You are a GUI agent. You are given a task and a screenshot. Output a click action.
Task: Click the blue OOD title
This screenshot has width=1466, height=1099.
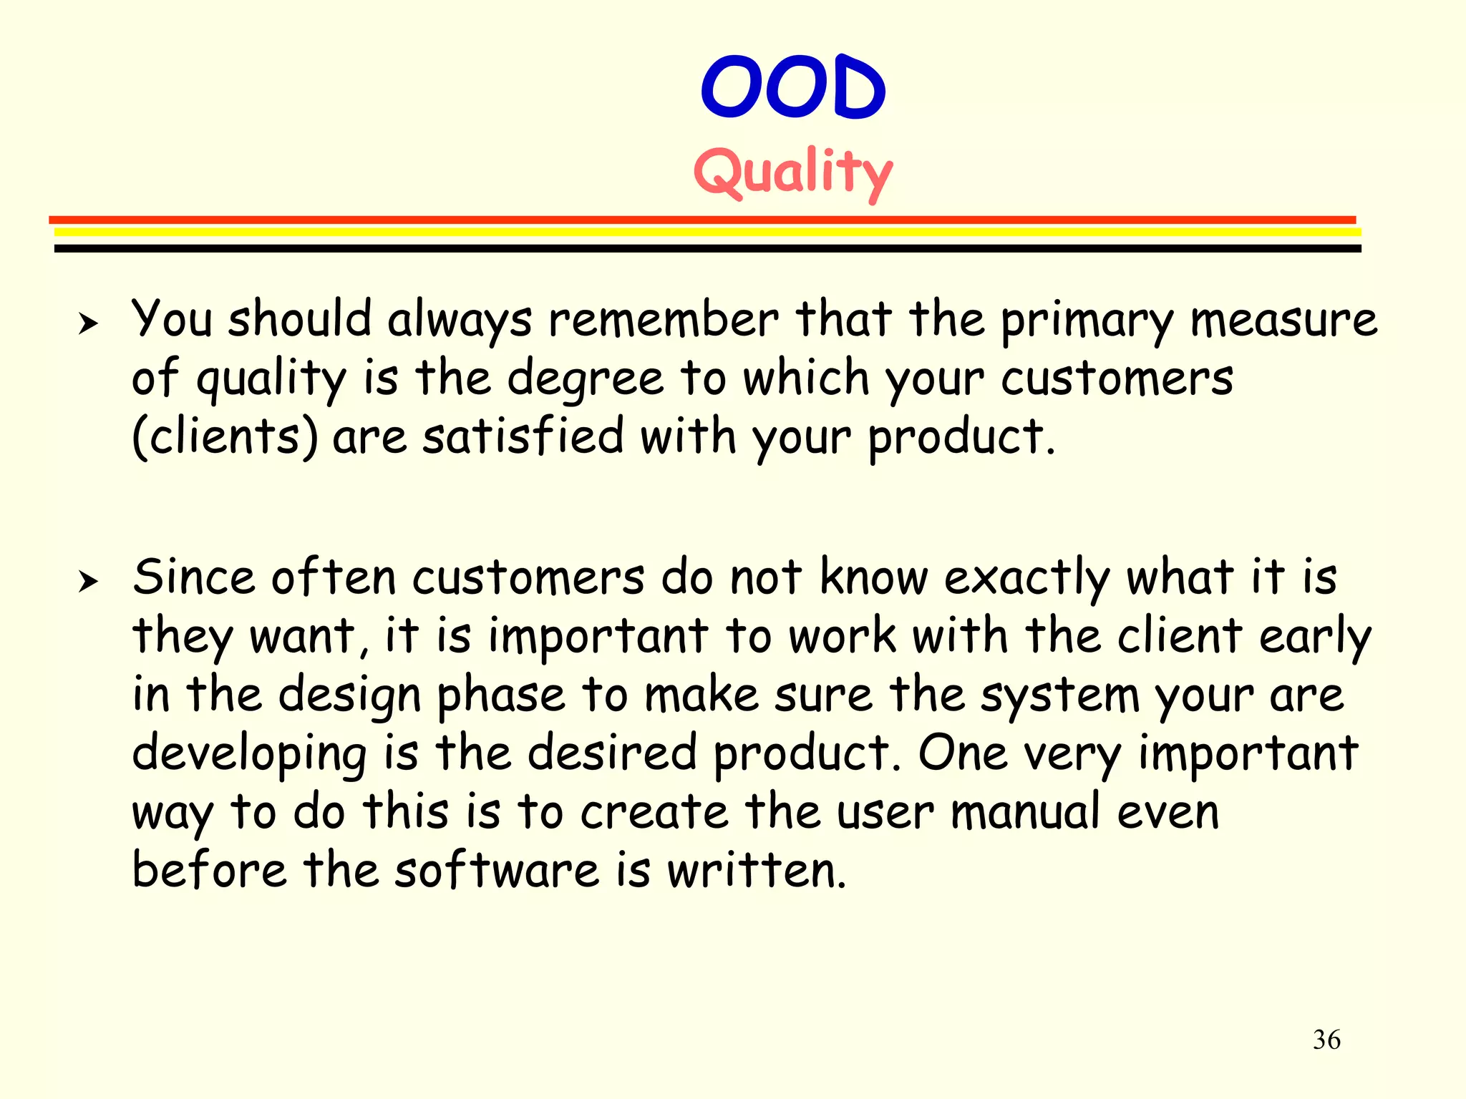[793, 87]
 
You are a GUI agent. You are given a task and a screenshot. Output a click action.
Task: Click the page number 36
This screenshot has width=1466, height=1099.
[1326, 1040]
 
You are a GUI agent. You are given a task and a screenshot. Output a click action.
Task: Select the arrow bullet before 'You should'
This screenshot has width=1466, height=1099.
[88, 323]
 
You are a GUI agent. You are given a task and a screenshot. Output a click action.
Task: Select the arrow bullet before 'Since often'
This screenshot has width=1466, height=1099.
[88, 582]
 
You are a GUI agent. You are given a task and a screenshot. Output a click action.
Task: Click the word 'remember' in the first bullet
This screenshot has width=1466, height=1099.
[663, 319]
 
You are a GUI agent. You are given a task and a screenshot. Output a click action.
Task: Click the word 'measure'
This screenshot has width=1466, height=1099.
[1283, 321]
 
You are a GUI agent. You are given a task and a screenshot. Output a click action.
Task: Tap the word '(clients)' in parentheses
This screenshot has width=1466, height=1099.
[225, 436]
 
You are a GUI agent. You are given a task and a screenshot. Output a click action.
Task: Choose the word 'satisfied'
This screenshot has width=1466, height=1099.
[523, 436]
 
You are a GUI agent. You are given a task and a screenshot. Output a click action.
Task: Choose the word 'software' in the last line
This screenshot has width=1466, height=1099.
[497, 871]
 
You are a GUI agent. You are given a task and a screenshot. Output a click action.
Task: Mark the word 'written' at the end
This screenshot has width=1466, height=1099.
[756, 871]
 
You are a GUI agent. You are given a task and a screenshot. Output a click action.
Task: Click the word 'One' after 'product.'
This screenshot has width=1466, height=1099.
[963, 753]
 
